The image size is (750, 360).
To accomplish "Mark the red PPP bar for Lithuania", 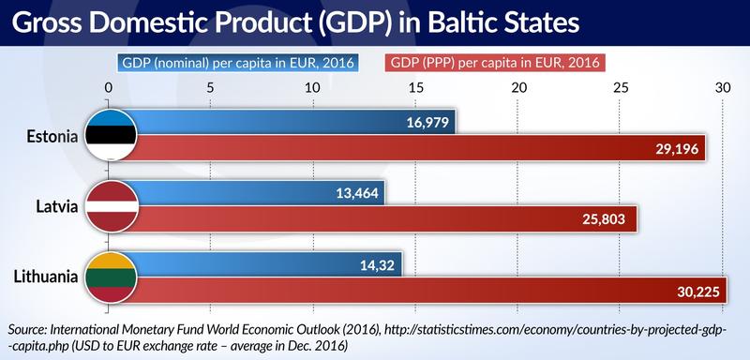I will pyautogui.click(x=422, y=292).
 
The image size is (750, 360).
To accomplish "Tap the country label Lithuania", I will pyautogui.click(x=44, y=278).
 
